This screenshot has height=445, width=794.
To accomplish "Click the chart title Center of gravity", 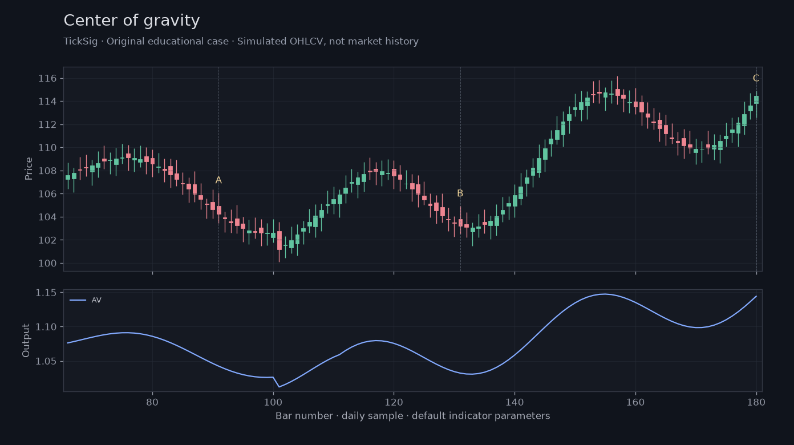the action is [132, 21].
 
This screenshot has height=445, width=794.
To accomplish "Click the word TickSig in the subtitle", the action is [80, 42].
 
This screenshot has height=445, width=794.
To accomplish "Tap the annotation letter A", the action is [218, 180].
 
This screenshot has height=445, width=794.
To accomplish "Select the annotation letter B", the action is [460, 193].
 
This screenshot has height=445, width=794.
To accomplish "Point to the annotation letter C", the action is [756, 78].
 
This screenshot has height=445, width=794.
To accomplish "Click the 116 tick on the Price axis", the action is [47, 78].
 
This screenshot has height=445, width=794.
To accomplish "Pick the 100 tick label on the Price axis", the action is [47, 264].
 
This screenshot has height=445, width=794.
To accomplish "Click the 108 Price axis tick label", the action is [47, 171].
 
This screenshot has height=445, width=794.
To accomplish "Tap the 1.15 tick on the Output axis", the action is [46, 293].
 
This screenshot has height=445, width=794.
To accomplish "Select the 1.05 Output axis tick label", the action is [46, 362].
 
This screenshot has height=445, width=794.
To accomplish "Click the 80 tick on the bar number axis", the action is [152, 402].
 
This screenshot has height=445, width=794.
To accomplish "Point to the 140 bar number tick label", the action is [515, 402].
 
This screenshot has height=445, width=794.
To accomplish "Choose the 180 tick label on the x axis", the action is [756, 402].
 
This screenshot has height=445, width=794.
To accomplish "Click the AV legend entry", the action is [86, 300].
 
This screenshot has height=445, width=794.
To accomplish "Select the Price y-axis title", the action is [29, 169].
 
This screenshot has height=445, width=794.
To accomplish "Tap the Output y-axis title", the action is [26, 341].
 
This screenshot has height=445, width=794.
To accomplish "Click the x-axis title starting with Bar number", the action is [412, 416].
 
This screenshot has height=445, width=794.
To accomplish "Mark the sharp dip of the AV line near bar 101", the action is [279, 387].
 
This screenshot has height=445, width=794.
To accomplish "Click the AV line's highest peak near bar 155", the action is [605, 294].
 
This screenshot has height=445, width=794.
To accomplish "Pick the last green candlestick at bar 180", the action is [756, 100].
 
